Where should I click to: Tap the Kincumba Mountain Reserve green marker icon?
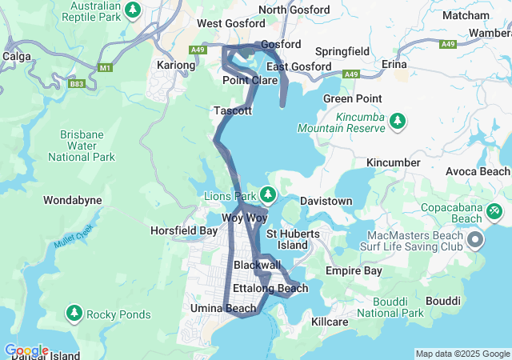point(398,121)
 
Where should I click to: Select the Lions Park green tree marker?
point(269,194)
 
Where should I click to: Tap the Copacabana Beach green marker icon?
point(494,210)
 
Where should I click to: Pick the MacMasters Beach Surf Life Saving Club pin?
point(475,239)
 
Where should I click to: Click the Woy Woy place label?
point(243,218)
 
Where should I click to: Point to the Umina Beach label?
point(223,308)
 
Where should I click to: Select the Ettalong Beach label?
point(270,288)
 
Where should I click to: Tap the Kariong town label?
point(176,65)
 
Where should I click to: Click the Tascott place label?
point(233,110)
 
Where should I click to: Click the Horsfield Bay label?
point(183,230)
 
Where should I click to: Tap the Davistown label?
point(326,201)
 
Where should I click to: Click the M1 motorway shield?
point(106,67)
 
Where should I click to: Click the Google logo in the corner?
point(26,350)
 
